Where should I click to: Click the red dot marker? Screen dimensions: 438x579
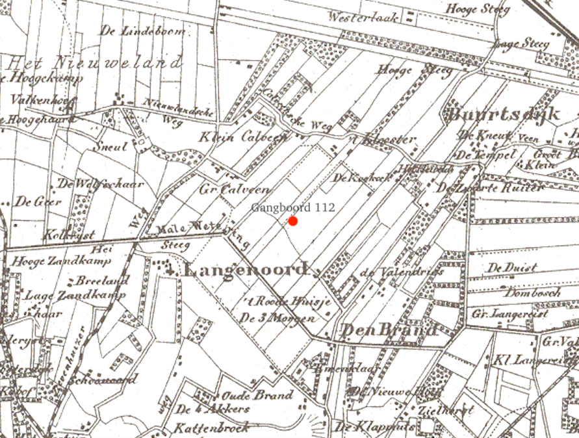tap(293, 222)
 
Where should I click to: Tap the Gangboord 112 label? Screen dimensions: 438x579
tap(293, 207)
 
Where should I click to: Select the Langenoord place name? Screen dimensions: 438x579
tap(246, 269)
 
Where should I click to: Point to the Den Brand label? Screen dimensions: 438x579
tap(389, 329)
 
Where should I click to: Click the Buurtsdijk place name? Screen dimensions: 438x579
tap(504, 115)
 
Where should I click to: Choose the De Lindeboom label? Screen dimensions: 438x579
tap(143, 31)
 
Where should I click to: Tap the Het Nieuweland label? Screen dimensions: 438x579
tap(95, 63)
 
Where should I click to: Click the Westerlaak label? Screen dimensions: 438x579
tap(363, 18)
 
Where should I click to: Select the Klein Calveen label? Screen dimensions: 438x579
tap(234, 138)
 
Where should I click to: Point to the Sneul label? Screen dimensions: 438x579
tap(110, 147)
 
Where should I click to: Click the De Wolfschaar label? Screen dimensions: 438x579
tap(101, 184)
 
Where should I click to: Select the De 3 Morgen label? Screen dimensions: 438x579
tap(277, 318)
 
